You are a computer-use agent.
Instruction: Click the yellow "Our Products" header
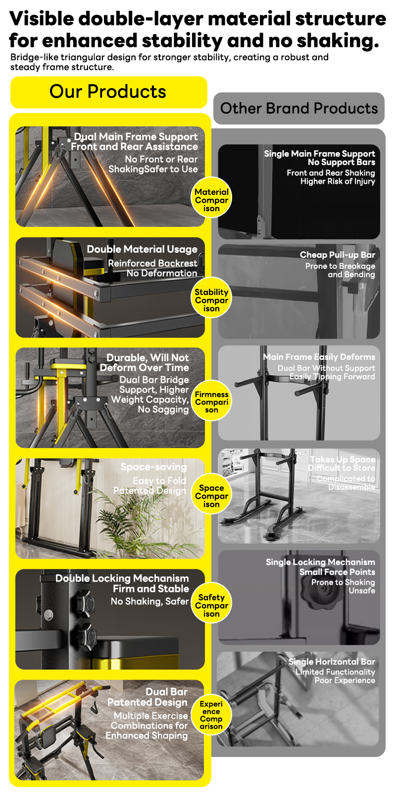108,92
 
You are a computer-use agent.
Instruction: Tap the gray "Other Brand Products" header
298,109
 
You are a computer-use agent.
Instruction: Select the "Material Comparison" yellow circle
211,200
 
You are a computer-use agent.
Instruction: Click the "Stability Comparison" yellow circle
211,300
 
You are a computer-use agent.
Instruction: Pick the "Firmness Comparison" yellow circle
211,402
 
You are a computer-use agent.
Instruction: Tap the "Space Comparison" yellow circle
211,496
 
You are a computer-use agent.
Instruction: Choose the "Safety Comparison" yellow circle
211,606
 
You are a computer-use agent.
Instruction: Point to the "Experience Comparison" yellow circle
211,715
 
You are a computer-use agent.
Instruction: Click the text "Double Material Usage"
142,249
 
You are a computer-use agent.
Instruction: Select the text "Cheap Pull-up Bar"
337,255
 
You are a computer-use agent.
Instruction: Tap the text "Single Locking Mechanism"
320,562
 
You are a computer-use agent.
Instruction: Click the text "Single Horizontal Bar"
332,662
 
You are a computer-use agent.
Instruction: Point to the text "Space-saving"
153,467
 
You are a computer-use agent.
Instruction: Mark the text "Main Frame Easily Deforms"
319,357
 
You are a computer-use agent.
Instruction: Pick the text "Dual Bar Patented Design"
148,697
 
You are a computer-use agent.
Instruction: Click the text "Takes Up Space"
342,459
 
